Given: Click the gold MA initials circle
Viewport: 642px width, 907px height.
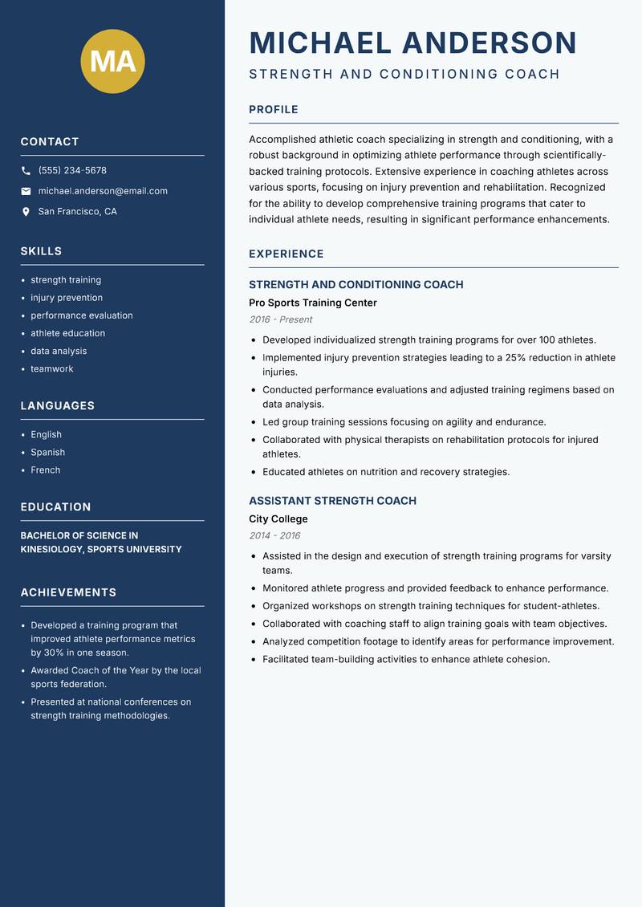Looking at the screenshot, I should (112, 61).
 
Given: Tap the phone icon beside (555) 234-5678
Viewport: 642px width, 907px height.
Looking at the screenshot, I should (26, 171).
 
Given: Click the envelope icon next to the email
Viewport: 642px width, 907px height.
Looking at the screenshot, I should (26, 191).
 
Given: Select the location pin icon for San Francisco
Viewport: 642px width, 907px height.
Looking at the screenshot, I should (26, 212).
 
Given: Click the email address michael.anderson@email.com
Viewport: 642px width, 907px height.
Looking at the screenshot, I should (103, 191).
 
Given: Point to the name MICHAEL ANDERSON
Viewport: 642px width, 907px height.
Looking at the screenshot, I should (412, 43).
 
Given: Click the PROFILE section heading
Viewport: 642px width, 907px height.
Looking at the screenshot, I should (273, 110).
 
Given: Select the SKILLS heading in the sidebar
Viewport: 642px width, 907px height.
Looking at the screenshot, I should (41, 251).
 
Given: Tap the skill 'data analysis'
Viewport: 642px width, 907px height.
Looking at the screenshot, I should (59, 351).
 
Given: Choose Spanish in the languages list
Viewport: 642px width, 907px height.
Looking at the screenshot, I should (47, 452).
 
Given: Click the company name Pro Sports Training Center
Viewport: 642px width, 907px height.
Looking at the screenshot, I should (312, 303).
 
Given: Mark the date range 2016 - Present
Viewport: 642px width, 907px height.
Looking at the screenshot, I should (280, 319).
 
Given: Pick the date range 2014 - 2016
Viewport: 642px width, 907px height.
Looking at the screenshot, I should (274, 535).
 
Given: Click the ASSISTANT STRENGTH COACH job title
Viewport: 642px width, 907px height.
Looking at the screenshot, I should (332, 501).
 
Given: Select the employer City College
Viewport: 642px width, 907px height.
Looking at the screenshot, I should (278, 519).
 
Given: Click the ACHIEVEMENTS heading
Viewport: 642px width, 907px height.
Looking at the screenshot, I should (68, 592).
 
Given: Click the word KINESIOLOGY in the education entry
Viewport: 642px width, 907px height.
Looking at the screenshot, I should (51, 549).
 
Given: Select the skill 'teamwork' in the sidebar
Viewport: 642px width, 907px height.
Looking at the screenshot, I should (51, 368).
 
